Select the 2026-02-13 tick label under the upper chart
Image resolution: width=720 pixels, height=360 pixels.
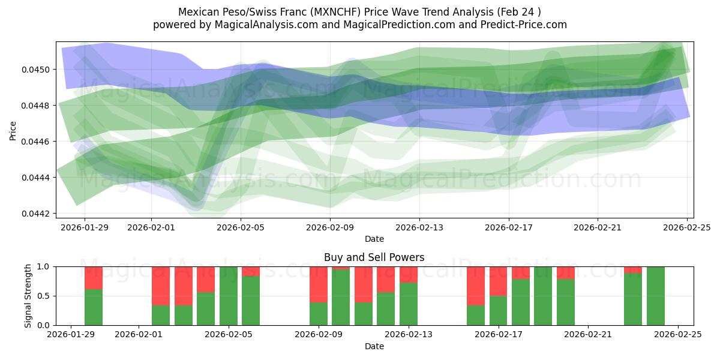(x=419, y=228)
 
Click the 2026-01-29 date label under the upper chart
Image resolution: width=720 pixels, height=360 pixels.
(x=84, y=228)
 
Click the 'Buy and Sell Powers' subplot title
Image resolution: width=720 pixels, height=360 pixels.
(x=374, y=257)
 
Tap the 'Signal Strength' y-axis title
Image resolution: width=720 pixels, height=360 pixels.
(x=28, y=296)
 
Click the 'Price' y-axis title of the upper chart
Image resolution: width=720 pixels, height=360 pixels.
(x=13, y=130)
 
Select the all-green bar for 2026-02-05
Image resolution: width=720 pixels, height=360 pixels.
(x=229, y=296)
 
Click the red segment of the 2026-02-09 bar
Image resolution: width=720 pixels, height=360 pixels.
(x=319, y=284)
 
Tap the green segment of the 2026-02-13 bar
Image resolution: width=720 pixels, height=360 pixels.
(x=409, y=304)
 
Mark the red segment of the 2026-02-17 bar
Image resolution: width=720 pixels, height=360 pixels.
(x=499, y=281)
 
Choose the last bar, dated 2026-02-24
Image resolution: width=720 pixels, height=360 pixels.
(x=656, y=296)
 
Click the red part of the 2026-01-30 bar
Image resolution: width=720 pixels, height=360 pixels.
(x=94, y=278)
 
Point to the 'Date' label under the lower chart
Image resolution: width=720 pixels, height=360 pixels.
(x=374, y=346)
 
